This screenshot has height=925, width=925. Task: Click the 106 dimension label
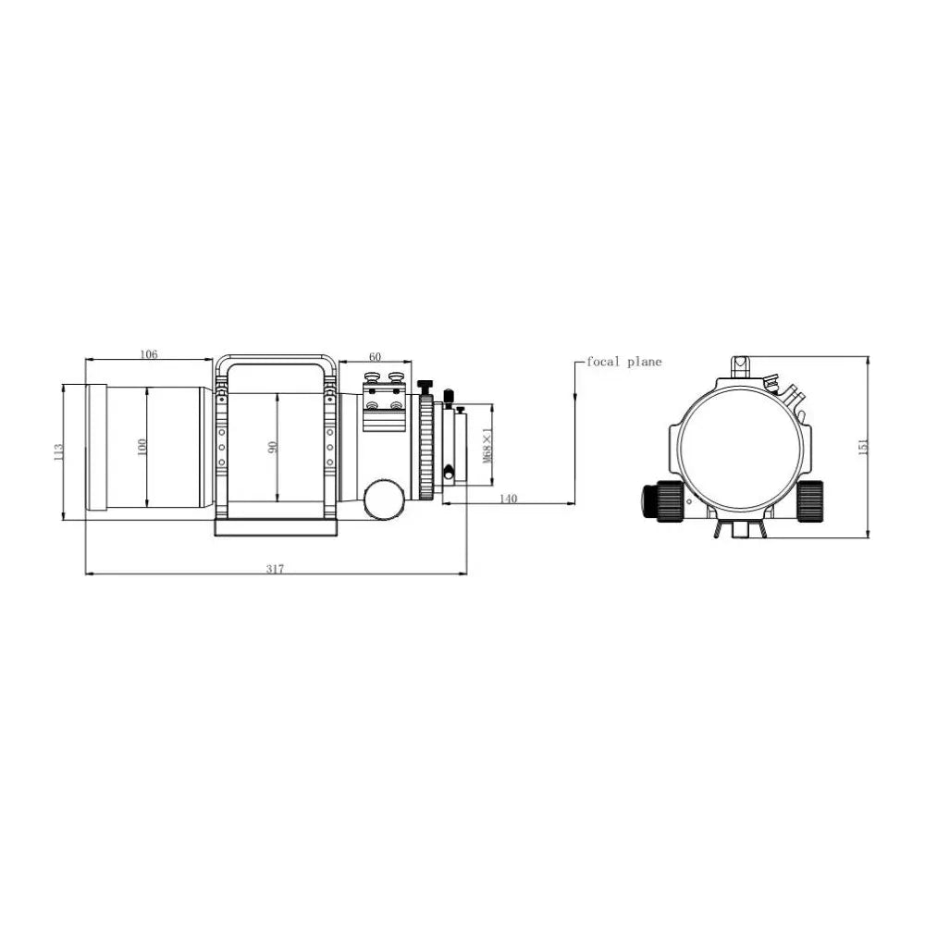pyautogui.click(x=149, y=354)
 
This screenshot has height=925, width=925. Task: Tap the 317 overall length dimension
pyautogui.click(x=275, y=569)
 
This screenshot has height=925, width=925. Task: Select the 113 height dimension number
pyautogui.click(x=57, y=452)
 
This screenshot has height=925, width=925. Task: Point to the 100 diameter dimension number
pyautogui.click(x=141, y=447)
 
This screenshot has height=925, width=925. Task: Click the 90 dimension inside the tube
pyautogui.click(x=272, y=447)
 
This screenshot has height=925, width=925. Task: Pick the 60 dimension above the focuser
pyautogui.click(x=375, y=356)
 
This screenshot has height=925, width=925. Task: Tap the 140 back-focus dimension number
pyautogui.click(x=508, y=499)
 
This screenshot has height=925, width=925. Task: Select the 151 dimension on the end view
pyautogui.click(x=863, y=446)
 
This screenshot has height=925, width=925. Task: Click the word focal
pyautogui.click(x=603, y=362)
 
